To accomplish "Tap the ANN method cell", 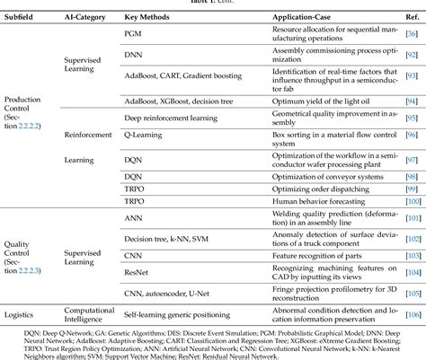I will (x=132, y=218).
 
